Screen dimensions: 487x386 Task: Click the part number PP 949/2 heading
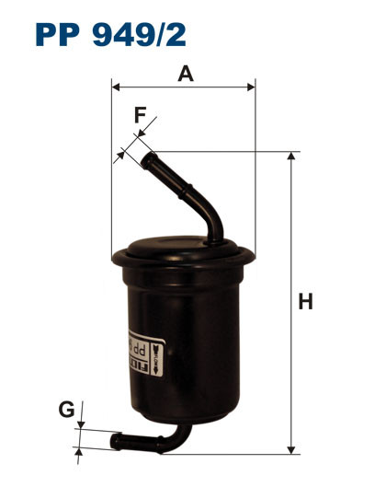click(x=110, y=35)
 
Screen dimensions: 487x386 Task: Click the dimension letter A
click(x=185, y=75)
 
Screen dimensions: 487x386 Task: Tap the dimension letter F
click(x=140, y=116)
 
